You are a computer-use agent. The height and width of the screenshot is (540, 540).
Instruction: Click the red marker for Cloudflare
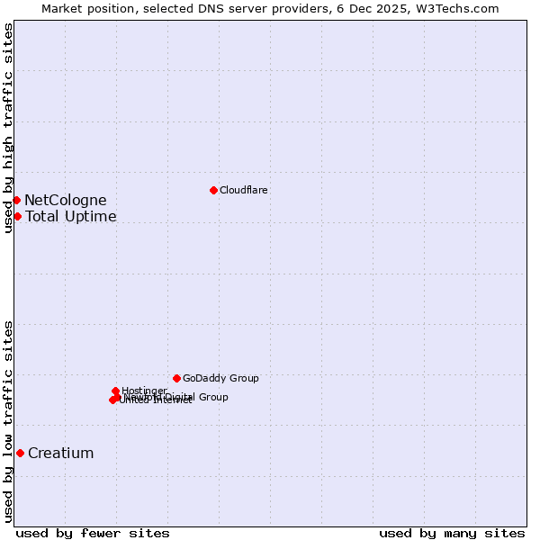point(213,190)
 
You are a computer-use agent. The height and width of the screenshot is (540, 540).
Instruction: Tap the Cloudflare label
point(244,190)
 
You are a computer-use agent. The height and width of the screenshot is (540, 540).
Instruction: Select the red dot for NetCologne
point(16,200)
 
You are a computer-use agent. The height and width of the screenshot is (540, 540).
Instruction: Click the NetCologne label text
point(66,200)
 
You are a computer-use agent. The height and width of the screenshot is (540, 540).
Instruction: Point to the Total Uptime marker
point(17,216)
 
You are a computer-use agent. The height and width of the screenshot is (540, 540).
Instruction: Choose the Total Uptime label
point(71,216)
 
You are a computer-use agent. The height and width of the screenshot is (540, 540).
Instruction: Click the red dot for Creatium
point(20,453)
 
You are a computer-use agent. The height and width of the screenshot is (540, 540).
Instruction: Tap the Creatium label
point(61,453)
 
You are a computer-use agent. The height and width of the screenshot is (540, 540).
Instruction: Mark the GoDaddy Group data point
point(176,378)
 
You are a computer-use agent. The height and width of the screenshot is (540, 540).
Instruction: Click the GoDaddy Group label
point(220,378)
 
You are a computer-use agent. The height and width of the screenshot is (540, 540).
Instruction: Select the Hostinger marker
point(115,391)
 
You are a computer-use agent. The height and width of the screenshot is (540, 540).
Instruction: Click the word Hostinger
point(144,390)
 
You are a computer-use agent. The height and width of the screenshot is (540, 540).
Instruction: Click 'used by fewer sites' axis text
point(93,533)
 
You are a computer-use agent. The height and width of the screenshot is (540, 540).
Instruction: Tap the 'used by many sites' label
point(452,533)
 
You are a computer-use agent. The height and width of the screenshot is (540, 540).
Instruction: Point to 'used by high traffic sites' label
point(8,128)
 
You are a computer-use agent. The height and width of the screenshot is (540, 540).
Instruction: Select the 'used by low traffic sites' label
point(8,421)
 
